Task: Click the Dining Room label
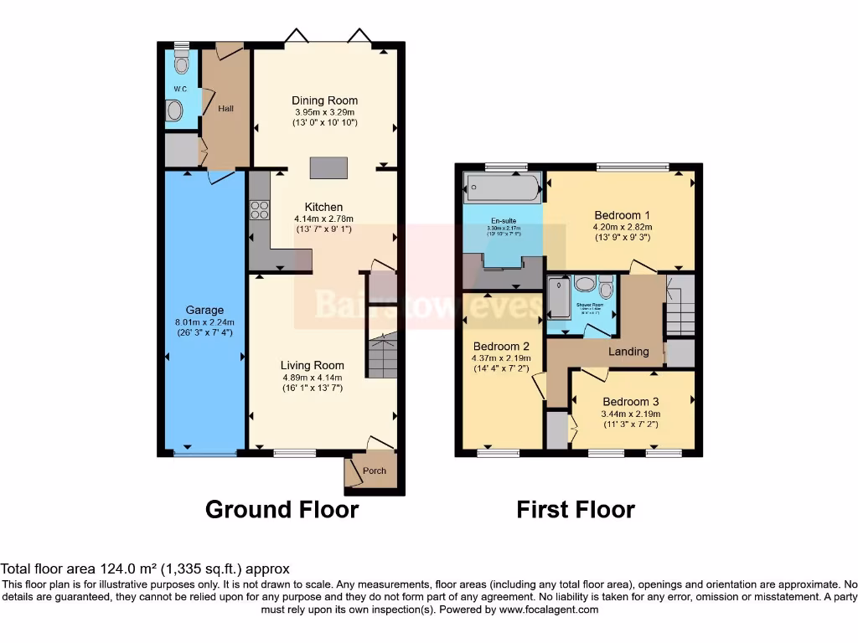point(324,100)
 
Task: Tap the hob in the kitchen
point(259,209)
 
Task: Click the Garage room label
point(204,310)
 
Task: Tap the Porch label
point(375,471)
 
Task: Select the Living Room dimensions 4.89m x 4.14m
point(313,377)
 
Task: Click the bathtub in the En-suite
point(503,188)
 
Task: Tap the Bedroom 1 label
point(622,215)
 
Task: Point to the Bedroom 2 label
point(501,347)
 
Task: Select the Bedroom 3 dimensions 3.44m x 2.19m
point(631,414)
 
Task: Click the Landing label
point(628,352)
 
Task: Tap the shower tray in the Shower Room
point(557,299)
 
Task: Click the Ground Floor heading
point(282,509)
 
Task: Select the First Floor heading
point(576,509)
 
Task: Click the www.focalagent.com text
point(550,610)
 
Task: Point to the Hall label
point(225,109)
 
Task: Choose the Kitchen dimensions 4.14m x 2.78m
point(323,219)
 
